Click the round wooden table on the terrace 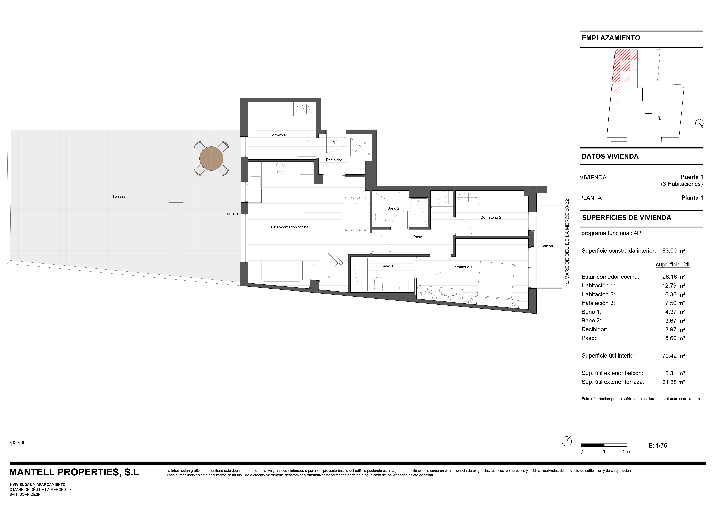(211, 159)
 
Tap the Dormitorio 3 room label (280, 135)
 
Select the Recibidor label (334, 160)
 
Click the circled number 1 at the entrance (334, 142)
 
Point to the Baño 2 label (393, 208)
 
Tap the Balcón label (547, 246)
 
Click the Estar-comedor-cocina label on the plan (290, 227)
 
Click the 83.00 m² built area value (674, 251)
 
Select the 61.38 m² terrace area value (674, 382)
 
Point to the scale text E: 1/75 (658, 446)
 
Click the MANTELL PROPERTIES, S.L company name (74, 472)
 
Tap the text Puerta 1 (692, 177)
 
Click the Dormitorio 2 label (491, 217)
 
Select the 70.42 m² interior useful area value (674, 355)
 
